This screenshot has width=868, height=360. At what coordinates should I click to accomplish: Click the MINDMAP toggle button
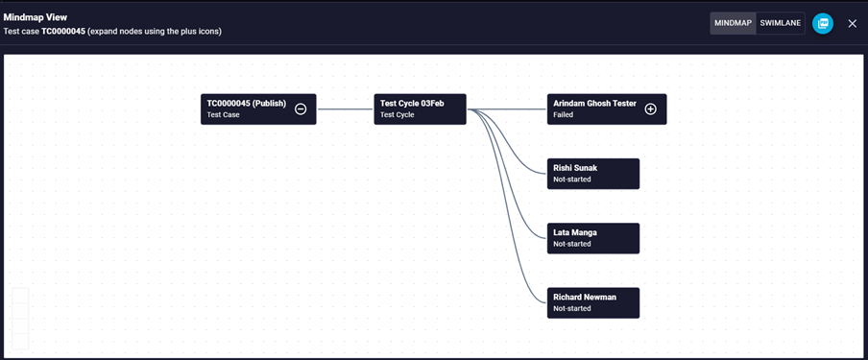click(733, 23)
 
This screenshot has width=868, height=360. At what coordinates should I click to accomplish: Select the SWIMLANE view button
click(780, 23)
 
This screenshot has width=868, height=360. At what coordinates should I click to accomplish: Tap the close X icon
click(853, 23)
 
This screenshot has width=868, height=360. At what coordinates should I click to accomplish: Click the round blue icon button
click(823, 23)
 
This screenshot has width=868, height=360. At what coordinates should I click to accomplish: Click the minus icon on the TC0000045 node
click(301, 109)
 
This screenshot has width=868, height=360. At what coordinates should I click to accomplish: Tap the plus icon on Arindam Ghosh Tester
click(651, 109)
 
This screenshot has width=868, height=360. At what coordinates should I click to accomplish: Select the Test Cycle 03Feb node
click(421, 109)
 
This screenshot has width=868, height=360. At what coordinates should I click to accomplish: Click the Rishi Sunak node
click(593, 174)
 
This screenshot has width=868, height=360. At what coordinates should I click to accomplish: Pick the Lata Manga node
click(593, 238)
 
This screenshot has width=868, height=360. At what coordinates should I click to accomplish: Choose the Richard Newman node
click(593, 303)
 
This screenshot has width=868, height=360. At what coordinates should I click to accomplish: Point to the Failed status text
click(563, 115)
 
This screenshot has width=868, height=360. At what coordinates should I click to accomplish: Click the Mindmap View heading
click(36, 17)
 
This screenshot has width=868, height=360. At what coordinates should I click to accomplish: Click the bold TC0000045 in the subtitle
click(63, 32)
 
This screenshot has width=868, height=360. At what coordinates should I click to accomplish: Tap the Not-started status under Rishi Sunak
click(572, 180)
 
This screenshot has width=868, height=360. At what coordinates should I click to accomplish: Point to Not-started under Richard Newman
click(572, 308)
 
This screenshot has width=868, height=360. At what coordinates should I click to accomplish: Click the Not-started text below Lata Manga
click(572, 244)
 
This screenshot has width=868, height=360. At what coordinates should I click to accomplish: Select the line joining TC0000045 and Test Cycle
click(346, 109)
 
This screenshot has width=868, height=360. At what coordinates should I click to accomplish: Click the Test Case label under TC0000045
click(223, 115)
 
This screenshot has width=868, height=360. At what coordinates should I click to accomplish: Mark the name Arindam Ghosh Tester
click(594, 104)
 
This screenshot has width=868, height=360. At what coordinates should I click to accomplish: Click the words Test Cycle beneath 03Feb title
click(397, 115)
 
